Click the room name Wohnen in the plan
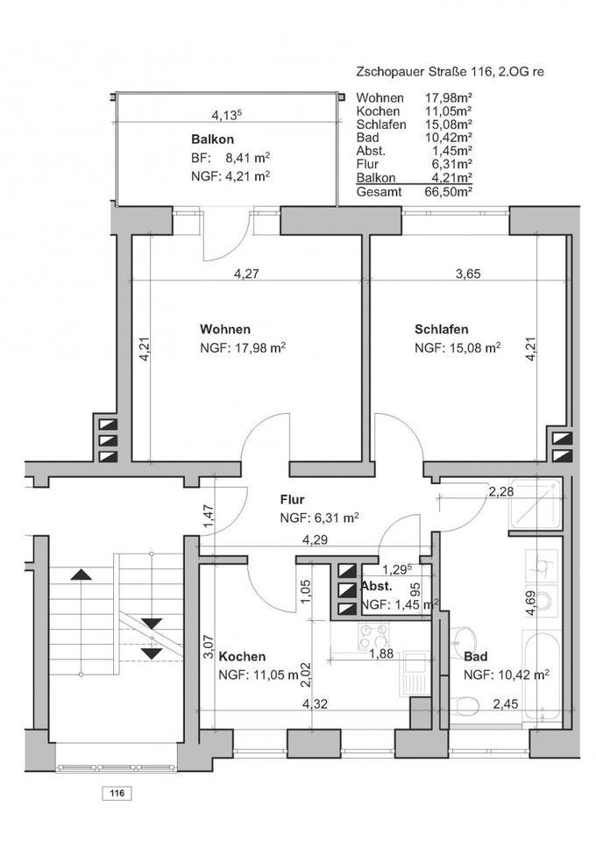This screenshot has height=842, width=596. coord(224,329)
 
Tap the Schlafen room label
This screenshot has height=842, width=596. coord(441,329)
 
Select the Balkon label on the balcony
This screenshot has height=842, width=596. coord(212,139)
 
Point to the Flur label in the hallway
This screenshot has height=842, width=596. coord(293,500)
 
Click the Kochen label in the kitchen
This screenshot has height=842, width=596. coord(242,656)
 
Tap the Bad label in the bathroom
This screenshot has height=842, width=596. coord(476,656)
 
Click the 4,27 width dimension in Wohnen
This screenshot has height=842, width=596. coord(247,274)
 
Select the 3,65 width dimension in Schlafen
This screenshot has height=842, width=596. coord(468,274)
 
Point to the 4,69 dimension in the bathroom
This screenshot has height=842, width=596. coord(530,603)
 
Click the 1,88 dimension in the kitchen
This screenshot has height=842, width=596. coord(381,653)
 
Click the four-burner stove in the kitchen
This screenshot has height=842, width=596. coord(374,636)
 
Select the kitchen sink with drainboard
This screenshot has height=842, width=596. coord(415,674)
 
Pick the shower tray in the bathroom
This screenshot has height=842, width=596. coord(536,503)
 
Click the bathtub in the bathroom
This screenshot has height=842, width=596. coord(542,678)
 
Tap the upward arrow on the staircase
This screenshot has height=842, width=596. coord(81,574)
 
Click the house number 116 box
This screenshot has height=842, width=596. coord(117,794)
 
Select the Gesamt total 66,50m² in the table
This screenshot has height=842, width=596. coord(415,192)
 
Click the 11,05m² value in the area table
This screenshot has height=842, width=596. coord(449,111)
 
